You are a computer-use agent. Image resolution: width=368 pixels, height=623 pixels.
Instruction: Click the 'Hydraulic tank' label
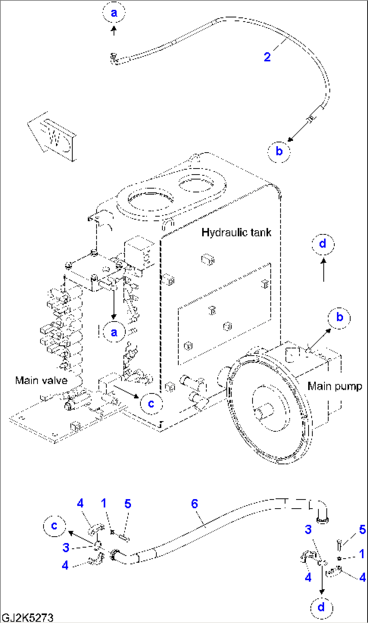[x=236, y=232]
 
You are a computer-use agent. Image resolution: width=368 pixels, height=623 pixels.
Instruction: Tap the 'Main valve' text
[x=41, y=380]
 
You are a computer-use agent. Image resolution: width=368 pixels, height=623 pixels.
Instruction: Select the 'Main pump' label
[x=335, y=386]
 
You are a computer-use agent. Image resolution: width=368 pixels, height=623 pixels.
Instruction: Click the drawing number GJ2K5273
[x=27, y=618]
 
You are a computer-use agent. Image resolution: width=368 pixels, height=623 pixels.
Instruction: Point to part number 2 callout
[x=267, y=57]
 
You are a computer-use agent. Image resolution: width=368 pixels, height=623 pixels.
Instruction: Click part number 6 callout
[x=194, y=504]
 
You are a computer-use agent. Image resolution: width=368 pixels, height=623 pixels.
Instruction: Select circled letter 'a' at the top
[x=114, y=12]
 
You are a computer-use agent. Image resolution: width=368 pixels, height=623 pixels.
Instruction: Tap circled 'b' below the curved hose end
[x=279, y=151]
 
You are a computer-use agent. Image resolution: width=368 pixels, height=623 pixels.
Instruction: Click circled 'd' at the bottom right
[x=321, y=607]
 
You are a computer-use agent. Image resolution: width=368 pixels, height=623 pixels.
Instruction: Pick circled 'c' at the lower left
[x=54, y=526]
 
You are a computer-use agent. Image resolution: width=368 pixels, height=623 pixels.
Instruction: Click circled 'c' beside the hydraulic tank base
[x=151, y=404]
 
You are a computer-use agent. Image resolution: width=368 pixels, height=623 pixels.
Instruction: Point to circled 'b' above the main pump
[x=339, y=318]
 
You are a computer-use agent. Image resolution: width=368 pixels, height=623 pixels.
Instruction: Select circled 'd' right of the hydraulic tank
[x=323, y=244]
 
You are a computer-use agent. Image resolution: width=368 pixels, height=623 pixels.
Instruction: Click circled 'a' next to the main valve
[x=114, y=332]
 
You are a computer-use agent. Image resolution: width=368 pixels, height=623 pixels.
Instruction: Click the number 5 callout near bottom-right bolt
[x=362, y=529]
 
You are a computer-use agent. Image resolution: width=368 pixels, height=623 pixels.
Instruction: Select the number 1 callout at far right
[x=362, y=554]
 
